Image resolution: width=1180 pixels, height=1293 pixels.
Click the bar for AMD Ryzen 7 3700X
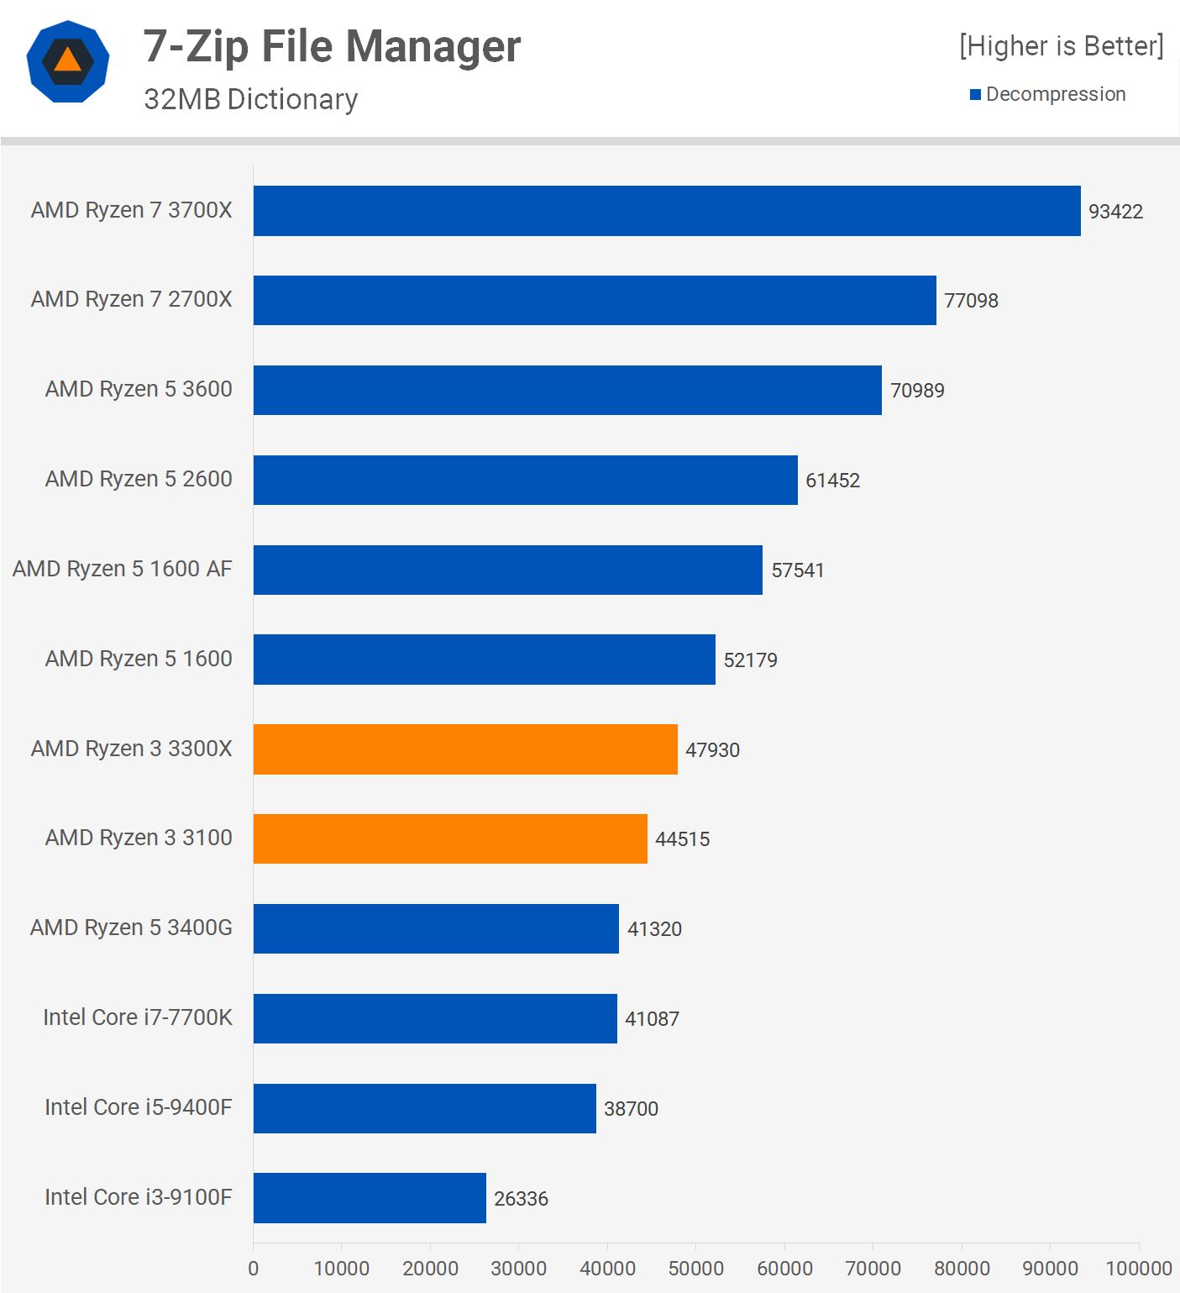click(667, 211)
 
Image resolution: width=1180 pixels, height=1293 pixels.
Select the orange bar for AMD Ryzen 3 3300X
click(465, 749)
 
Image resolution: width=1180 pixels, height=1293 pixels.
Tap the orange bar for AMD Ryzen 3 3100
click(450, 838)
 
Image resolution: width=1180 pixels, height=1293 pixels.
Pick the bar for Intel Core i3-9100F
click(370, 1198)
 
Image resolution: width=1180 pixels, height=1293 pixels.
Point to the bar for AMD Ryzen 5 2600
click(526, 480)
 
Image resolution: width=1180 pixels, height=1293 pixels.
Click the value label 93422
click(1115, 212)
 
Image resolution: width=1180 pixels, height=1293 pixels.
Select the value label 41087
click(652, 1019)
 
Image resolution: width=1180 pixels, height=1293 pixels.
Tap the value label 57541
click(798, 570)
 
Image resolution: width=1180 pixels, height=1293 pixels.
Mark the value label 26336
click(521, 1199)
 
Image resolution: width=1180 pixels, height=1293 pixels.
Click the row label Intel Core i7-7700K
click(138, 1017)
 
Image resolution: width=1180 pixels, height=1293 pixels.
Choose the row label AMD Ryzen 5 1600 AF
click(123, 569)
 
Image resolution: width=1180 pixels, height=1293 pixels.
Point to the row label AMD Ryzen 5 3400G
click(131, 928)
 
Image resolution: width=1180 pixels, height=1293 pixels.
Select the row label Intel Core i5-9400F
click(139, 1107)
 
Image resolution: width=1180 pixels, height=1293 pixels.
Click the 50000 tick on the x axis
click(695, 1269)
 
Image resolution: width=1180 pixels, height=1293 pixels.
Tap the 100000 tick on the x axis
click(1138, 1269)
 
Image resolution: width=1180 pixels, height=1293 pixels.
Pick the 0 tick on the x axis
click(254, 1269)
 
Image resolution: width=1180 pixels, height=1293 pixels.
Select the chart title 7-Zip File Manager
click(332, 46)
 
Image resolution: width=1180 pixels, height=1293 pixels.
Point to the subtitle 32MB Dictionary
click(250, 99)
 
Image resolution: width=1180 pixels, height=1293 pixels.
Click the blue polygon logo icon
click(68, 61)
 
